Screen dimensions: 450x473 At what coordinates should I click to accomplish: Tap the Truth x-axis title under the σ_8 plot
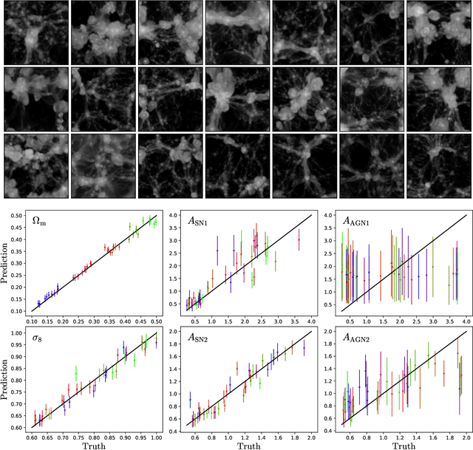[x=95, y=445]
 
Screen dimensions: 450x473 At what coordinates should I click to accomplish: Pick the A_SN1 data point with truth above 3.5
[x=299, y=239]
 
